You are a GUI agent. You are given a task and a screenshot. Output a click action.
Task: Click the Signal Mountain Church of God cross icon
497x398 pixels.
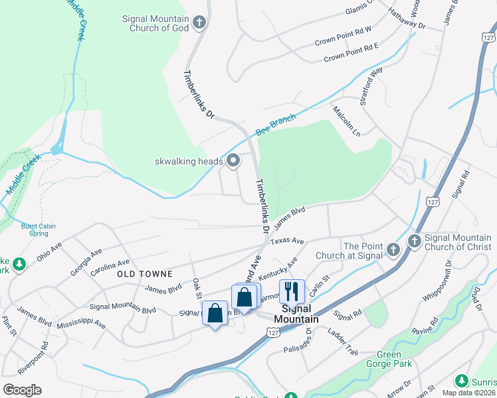(x=198, y=25)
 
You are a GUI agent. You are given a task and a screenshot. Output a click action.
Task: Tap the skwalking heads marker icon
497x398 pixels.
(x=234, y=161)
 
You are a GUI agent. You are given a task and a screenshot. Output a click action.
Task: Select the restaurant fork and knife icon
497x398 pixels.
(x=292, y=291)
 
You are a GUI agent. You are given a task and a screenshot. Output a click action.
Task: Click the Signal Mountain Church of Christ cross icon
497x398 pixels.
(x=414, y=241)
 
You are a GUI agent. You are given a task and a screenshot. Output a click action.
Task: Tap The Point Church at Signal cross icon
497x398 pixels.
(x=393, y=249)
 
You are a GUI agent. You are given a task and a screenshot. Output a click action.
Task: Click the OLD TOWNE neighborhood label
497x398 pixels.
(x=145, y=273)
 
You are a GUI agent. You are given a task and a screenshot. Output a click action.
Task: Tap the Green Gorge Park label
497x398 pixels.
(x=389, y=359)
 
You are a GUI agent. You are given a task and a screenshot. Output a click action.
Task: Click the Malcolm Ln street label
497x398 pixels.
(x=346, y=121)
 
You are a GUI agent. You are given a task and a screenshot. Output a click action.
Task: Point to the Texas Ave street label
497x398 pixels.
(x=287, y=241)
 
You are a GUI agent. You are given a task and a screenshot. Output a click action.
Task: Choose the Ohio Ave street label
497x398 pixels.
(x=49, y=251)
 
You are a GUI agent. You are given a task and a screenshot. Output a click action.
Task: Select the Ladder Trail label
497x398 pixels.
(x=343, y=342)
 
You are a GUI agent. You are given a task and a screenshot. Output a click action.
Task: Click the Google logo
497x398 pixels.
(x=22, y=389)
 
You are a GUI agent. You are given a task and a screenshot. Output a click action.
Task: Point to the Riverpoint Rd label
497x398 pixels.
(x=44, y=358)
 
